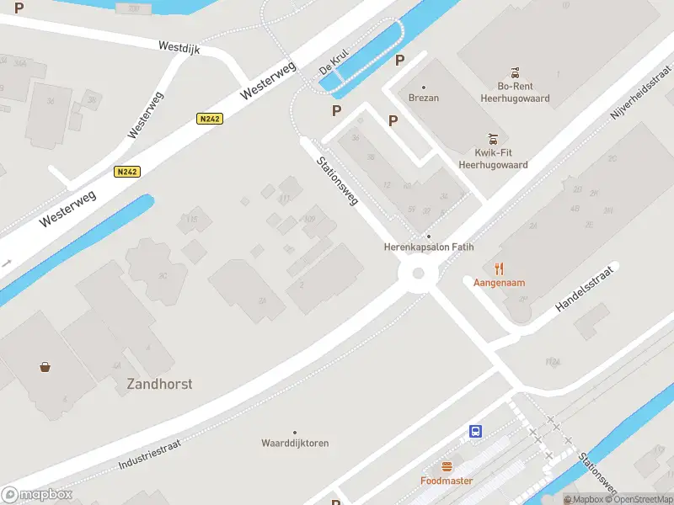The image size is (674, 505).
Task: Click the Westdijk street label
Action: (x=179, y=49)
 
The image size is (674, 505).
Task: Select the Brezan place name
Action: (x=423, y=98)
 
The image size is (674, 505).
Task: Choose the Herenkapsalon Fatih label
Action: (x=428, y=247)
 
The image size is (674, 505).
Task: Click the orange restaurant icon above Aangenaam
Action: (x=499, y=268)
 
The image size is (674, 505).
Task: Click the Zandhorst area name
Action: (x=159, y=384)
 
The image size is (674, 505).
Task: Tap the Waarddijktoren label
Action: (x=294, y=443)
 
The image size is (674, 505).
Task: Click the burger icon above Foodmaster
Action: (x=447, y=466)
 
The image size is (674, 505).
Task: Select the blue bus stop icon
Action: (x=475, y=432)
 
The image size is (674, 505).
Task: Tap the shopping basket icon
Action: (x=44, y=366)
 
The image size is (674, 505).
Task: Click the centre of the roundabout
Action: (x=417, y=273)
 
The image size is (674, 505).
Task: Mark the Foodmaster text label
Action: (x=447, y=481)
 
